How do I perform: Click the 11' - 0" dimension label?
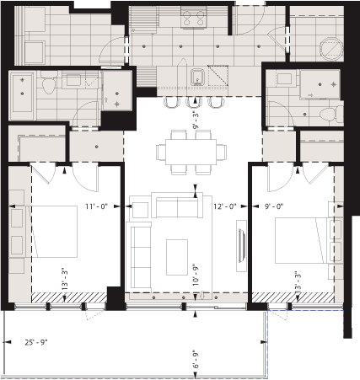click(x=99, y=206)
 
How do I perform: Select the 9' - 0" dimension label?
click(x=275, y=206)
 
